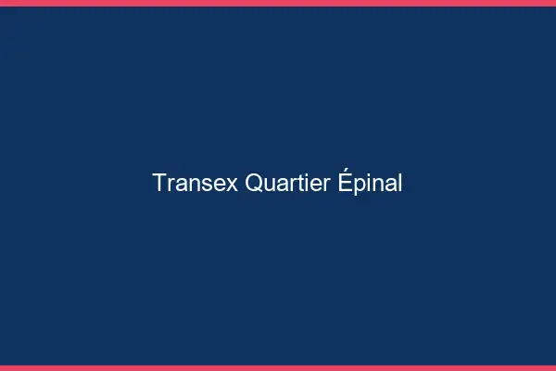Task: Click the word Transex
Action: [196, 184]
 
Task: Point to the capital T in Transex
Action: [159, 184]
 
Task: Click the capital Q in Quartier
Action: [254, 184]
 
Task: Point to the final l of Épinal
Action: [399, 184]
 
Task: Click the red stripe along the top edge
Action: [278, 3]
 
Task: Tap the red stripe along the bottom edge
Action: [278, 367]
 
